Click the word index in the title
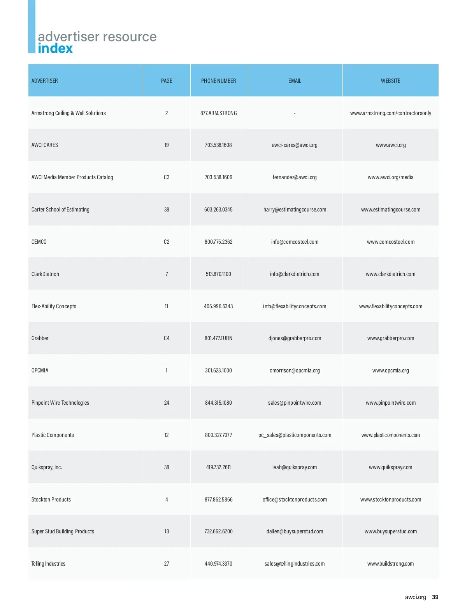click(x=55, y=49)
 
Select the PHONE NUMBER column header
click(x=218, y=81)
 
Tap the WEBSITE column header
click(x=390, y=81)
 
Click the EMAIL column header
click(x=295, y=81)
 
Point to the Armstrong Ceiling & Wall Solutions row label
click(x=68, y=113)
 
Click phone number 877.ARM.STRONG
click(x=218, y=113)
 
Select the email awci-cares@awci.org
click(x=295, y=145)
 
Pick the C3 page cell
click(x=167, y=177)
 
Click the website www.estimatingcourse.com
click(x=390, y=210)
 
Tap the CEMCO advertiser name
click(x=39, y=242)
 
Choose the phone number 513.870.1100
click(x=218, y=274)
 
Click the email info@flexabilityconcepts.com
click(x=295, y=306)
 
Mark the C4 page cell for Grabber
click(x=167, y=338)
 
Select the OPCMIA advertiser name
click(x=40, y=370)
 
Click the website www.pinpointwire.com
click(x=390, y=403)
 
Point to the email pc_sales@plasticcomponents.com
click(x=295, y=435)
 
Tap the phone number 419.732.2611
click(x=218, y=467)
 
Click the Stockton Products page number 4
click(x=167, y=500)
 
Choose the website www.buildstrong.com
click(x=390, y=564)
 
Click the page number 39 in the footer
click(x=435, y=597)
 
